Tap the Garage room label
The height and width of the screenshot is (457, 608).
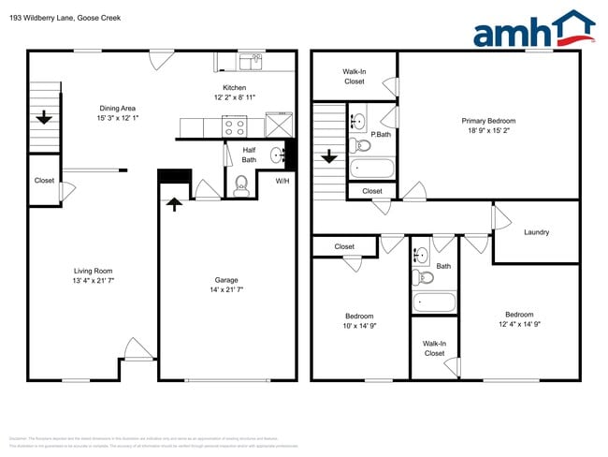[x=226, y=280]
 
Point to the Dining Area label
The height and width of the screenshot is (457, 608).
[x=117, y=108]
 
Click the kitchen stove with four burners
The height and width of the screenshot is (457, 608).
[x=233, y=127]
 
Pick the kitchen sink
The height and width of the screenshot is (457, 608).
[x=250, y=63]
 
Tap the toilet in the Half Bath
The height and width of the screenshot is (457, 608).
[x=241, y=185]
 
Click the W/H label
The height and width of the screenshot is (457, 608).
[x=282, y=181]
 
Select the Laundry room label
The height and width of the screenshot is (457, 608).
[x=536, y=232]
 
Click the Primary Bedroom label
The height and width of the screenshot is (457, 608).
[x=488, y=121]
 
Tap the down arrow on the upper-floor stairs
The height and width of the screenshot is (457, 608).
[x=327, y=156]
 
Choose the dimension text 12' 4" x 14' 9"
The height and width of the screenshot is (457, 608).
[x=519, y=326]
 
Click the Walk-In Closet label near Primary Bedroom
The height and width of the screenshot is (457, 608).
[x=354, y=76]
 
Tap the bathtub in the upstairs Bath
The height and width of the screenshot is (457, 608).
[x=435, y=302]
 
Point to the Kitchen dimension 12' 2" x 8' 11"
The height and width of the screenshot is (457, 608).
[x=235, y=97]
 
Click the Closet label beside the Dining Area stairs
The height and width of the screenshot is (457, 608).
[x=44, y=181]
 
